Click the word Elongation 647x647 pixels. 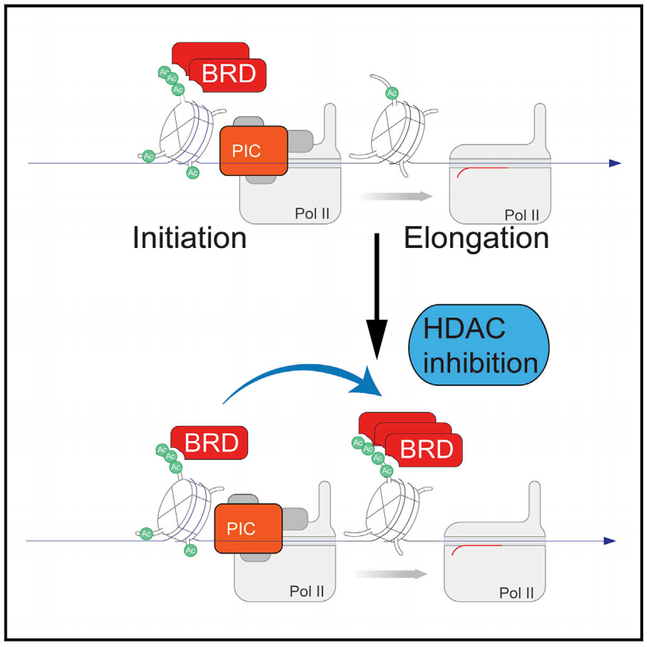click(x=477, y=237)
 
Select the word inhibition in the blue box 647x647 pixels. click(x=475, y=363)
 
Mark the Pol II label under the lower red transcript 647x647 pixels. click(x=515, y=591)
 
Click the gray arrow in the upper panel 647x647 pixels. click(x=395, y=196)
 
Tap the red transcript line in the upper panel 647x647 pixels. click(x=480, y=169)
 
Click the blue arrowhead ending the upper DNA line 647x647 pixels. click(x=614, y=163)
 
